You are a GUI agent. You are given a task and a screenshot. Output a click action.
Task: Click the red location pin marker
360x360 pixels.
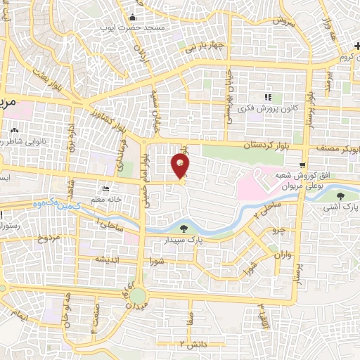point(181,166)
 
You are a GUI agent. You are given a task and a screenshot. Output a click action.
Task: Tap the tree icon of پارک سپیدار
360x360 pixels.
point(184,228)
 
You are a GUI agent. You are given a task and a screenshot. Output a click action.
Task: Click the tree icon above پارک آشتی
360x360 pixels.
point(341,195)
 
